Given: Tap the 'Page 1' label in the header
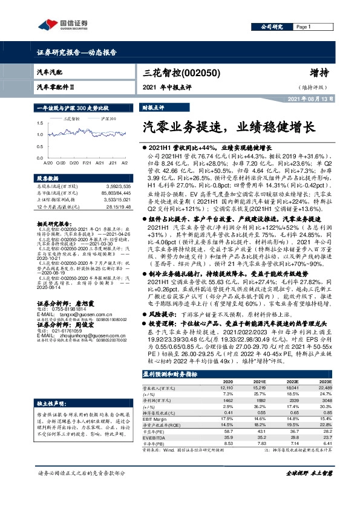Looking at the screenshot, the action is tap(304, 27).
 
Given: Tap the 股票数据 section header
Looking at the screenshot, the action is tap(47, 179).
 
